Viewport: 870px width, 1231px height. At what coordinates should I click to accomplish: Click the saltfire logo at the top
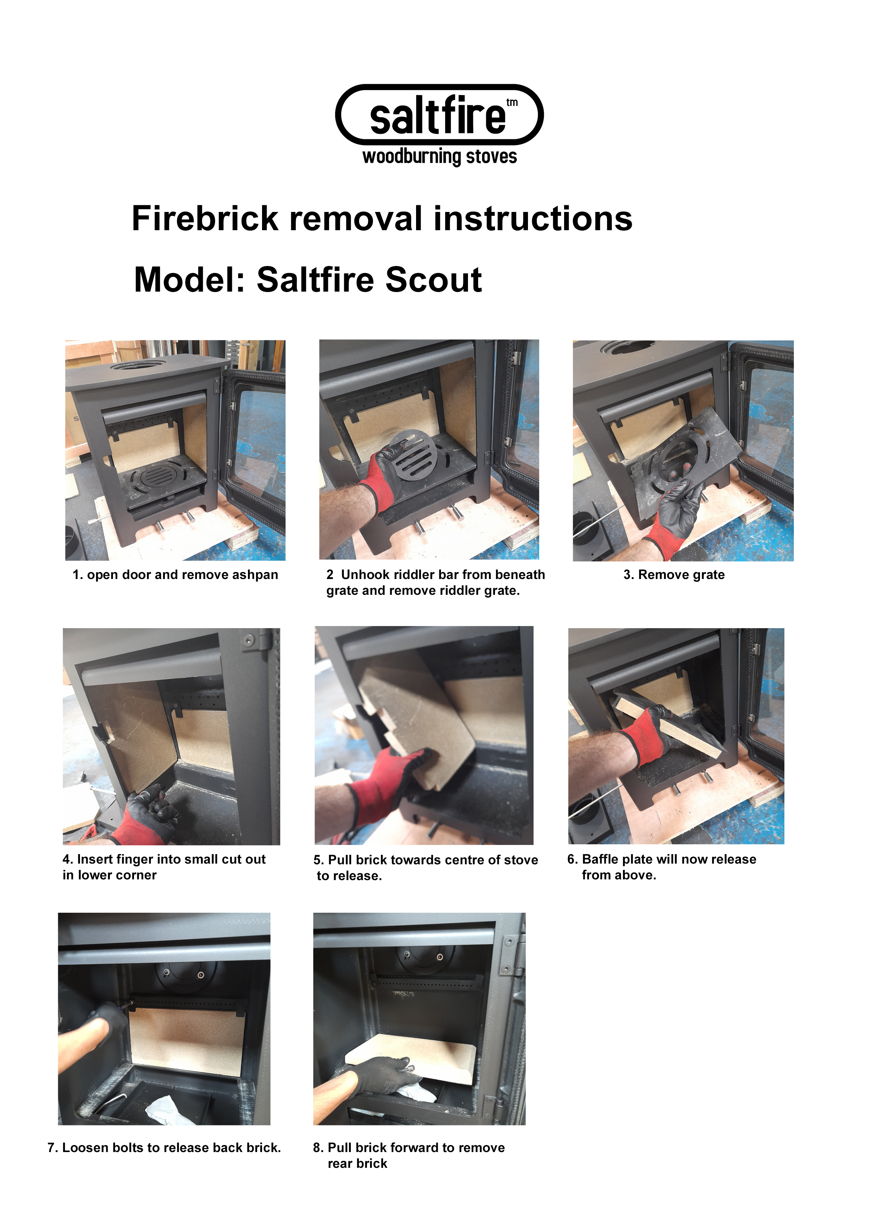pyautogui.click(x=439, y=115)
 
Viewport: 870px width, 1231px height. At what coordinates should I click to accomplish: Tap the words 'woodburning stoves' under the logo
pyautogui.click(x=440, y=157)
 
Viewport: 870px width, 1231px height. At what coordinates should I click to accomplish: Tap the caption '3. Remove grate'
pyautogui.click(x=674, y=575)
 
